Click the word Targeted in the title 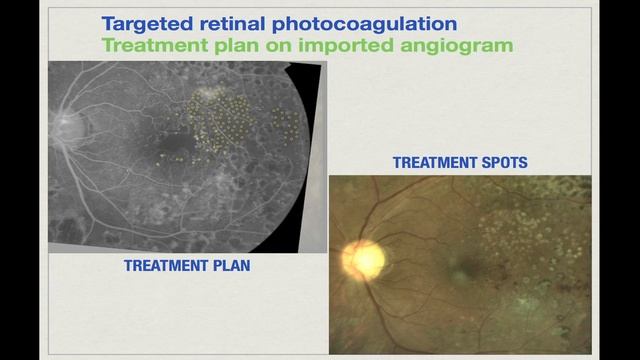pyautogui.click(x=149, y=24)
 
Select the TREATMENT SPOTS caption pyautogui.click(x=459, y=162)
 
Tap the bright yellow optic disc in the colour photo pyautogui.click(x=365, y=259)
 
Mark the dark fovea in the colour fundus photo pyautogui.click(x=459, y=267)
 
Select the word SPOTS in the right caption pyautogui.click(x=502, y=162)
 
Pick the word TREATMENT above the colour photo pyautogui.click(x=435, y=162)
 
